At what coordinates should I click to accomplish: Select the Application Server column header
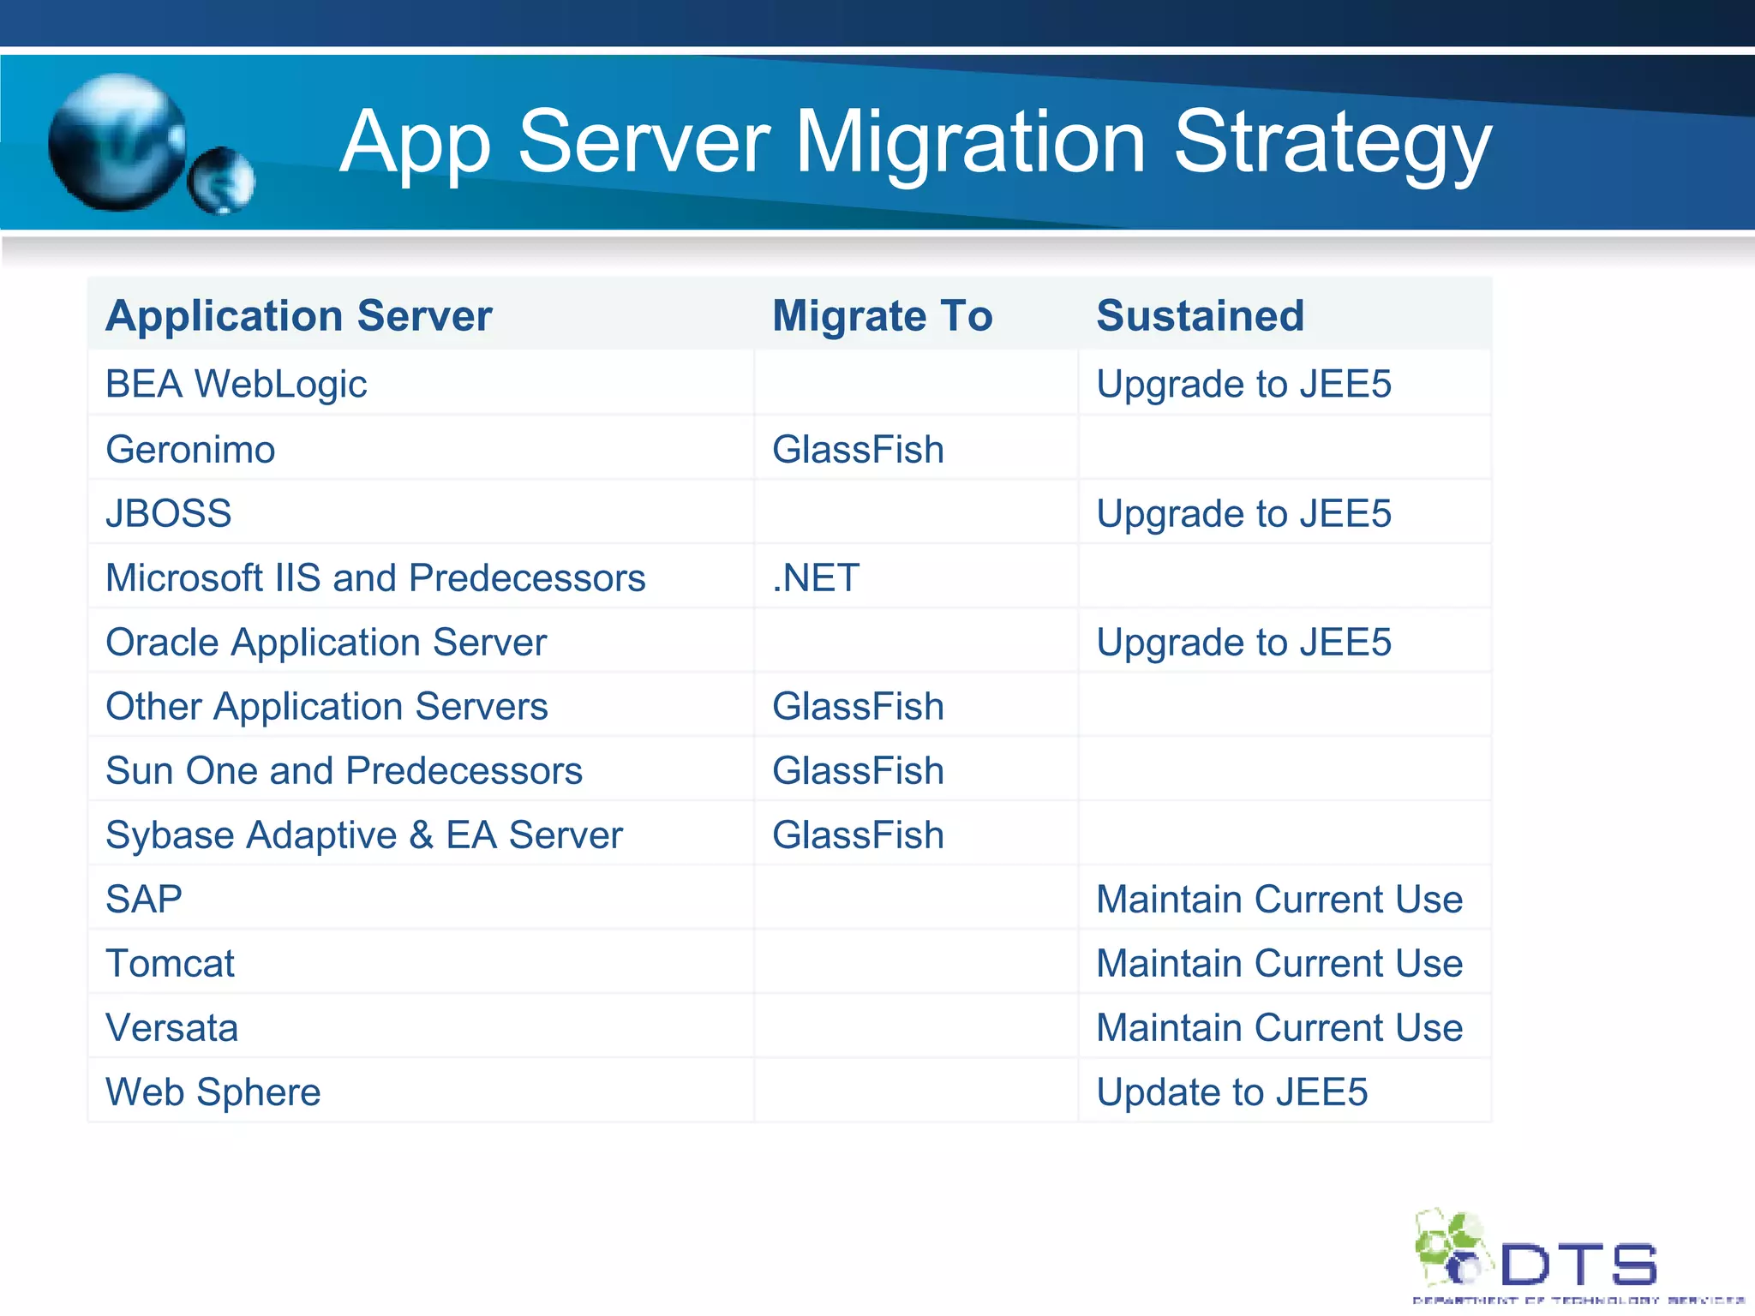coord(298,315)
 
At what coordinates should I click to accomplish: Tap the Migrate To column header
coord(882,315)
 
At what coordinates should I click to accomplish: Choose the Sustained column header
coord(1200,315)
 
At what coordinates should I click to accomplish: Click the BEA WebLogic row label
coord(236,384)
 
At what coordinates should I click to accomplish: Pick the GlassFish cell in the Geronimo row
coord(858,450)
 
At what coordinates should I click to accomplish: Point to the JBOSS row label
coord(168,514)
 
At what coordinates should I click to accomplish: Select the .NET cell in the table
coord(816,578)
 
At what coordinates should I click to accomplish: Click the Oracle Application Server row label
coord(326,643)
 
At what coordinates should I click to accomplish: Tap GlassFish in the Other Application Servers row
coord(858,707)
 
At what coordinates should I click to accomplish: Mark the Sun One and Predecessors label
coord(344,771)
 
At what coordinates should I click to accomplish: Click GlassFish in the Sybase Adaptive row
coord(858,835)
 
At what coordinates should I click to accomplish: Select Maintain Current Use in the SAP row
coord(1279,900)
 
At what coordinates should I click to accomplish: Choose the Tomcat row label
coord(170,964)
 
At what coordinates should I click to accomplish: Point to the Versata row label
coord(171,1028)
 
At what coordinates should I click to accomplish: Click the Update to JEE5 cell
coord(1231,1092)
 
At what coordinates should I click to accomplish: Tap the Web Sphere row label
coord(213,1092)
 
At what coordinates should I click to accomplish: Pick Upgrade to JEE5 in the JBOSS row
coord(1243,514)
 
